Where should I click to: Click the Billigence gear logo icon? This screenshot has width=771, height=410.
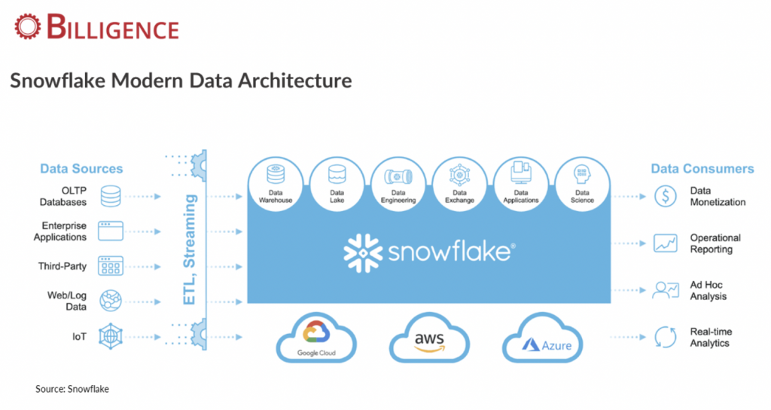(27, 26)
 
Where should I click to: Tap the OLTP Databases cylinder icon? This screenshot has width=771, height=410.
(111, 197)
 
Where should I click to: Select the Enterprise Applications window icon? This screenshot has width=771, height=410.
(111, 231)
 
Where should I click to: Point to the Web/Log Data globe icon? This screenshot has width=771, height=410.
(111, 301)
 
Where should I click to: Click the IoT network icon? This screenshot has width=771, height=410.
(111, 337)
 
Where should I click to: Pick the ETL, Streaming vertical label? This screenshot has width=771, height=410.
(189, 249)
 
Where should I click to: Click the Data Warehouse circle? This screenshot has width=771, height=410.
(276, 185)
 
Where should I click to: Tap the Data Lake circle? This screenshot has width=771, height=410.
(337, 185)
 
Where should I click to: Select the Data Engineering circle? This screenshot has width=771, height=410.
(398, 185)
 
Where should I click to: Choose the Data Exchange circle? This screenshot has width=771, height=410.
(460, 185)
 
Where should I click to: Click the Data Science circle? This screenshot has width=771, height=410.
(582, 185)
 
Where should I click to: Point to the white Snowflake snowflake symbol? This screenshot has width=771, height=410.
(364, 253)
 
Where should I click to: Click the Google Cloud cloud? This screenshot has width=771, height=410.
(316, 338)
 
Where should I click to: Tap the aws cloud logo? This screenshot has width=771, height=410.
(429, 338)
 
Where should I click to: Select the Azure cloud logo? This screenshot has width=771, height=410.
(542, 338)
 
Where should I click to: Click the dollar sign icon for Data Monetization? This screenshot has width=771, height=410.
(666, 197)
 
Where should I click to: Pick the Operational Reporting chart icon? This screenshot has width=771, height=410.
(666, 243)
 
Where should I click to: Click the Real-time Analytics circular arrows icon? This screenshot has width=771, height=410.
(666, 337)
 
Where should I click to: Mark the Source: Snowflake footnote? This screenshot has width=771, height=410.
(72, 389)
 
